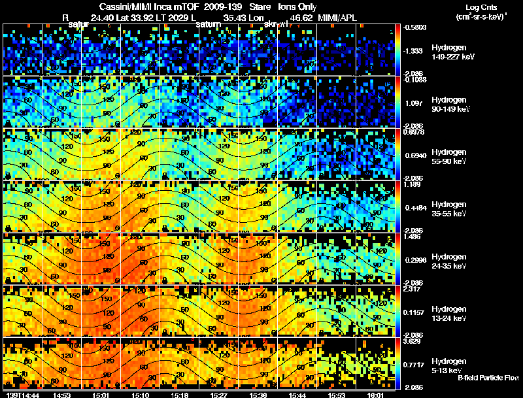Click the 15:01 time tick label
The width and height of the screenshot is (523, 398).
[x=101, y=395]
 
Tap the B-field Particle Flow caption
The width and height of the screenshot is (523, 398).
[x=488, y=378]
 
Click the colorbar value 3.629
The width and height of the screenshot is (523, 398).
[x=412, y=341]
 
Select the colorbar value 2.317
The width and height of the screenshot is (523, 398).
[x=412, y=289]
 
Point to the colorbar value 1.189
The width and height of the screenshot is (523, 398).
[x=412, y=185]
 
